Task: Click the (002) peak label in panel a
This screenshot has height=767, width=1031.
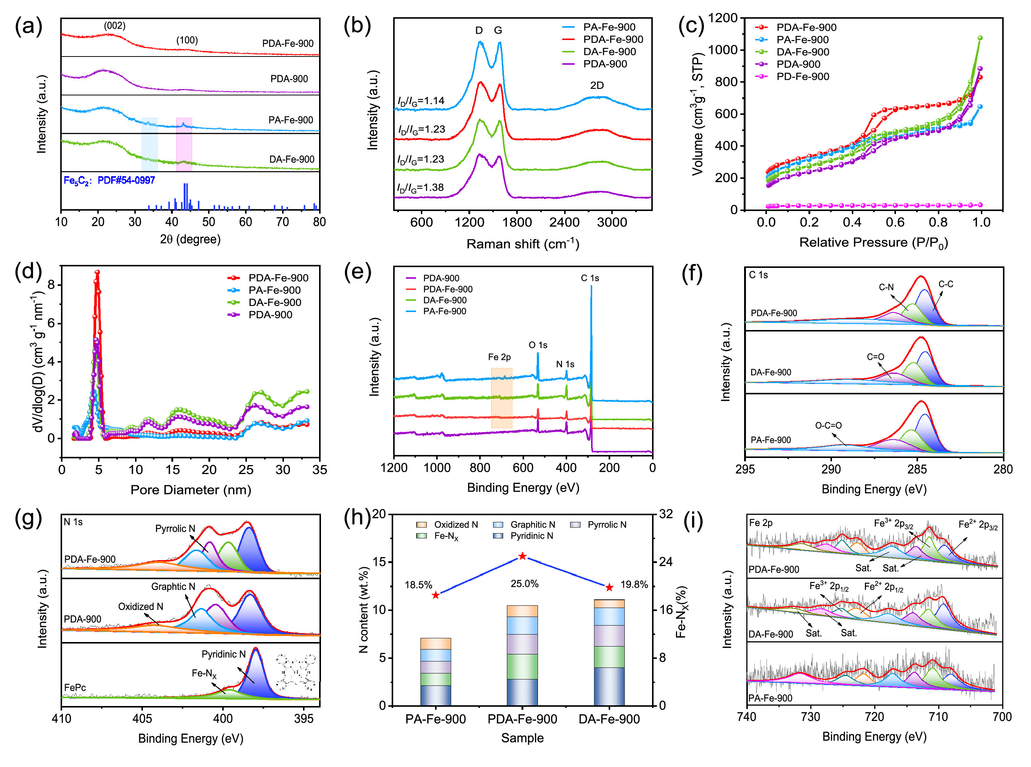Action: (114, 25)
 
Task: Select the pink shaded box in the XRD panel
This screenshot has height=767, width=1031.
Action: (184, 144)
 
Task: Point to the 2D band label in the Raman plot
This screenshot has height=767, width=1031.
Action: (597, 85)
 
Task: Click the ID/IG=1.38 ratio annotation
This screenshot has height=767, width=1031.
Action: (420, 187)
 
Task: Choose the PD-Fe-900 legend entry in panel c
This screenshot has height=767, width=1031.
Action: (802, 77)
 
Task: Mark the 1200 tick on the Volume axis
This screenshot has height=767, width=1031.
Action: (723, 18)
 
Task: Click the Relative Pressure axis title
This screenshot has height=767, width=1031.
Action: (873, 243)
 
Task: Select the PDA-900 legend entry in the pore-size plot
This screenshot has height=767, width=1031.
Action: (270, 315)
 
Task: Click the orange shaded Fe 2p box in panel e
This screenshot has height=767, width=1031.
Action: (501, 397)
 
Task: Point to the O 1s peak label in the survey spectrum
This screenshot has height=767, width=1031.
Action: (538, 345)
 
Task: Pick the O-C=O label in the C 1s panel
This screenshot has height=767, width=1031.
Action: (828, 425)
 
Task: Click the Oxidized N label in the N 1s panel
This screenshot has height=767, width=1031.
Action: (140, 606)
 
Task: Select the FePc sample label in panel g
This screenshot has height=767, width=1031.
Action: (75, 687)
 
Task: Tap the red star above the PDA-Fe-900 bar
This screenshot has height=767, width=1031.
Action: (522, 556)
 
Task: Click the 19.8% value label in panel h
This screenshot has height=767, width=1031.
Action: (634, 584)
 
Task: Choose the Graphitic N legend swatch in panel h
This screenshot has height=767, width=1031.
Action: (498, 525)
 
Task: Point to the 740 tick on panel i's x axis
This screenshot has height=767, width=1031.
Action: (746, 717)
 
